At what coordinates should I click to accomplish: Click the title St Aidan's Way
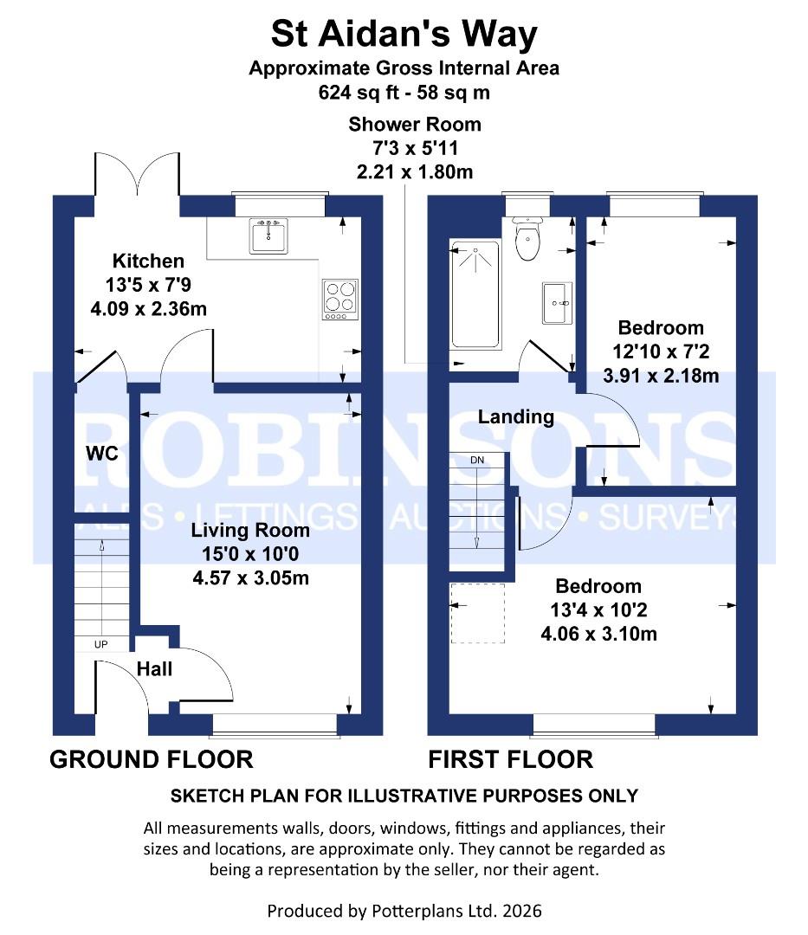tap(404, 35)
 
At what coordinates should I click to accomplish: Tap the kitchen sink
tap(268, 235)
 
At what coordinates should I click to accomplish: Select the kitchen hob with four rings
tap(340, 299)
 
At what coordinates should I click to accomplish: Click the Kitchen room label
tap(148, 261)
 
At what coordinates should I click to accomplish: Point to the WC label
tap(101, 453)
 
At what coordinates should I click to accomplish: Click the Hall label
tap(154, 668)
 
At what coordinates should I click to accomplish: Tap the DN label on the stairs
tap(476, 461)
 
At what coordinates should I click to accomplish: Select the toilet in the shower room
tap(527, 241)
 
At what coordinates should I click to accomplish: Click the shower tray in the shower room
tap(475, 294)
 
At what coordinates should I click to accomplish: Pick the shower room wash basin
tap(557, 303)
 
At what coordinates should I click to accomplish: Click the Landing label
tap(516, 416)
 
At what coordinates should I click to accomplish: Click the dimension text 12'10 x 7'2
tap(660, 352)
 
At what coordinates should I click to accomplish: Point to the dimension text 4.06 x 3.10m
tap(598, 634)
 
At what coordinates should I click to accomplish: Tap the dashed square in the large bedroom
tap(477, 613)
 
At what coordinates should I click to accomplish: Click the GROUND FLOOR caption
tap(152, 759)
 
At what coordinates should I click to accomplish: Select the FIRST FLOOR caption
tap(511, 759)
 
